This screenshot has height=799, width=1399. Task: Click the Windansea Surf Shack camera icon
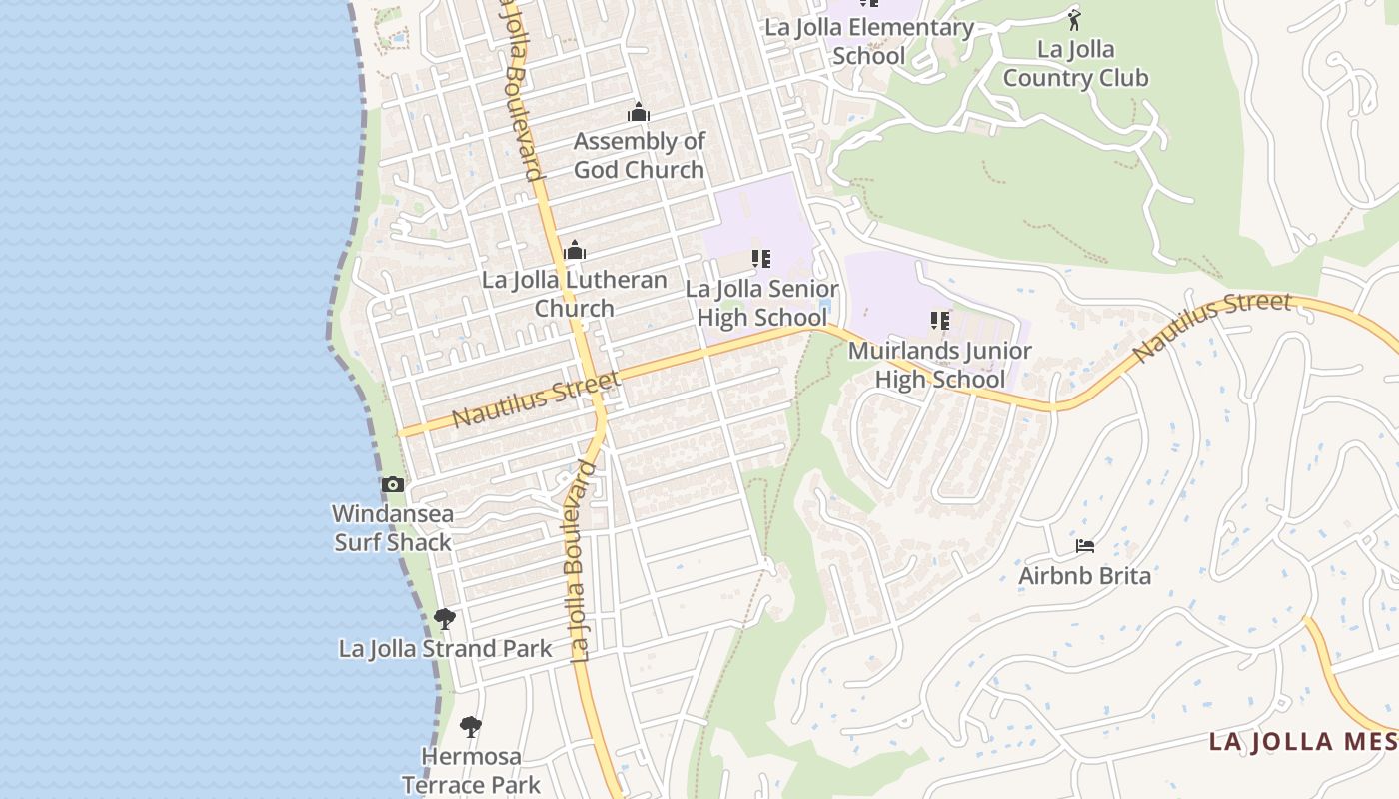click(x=393, y=485)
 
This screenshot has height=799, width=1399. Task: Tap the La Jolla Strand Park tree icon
click(x=445, y=619)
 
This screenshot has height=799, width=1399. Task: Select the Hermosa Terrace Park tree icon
click(x=470, y=726)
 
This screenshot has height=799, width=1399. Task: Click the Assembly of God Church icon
click(x=638, y=112)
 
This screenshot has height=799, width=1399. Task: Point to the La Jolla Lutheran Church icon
click(x=575, y=250)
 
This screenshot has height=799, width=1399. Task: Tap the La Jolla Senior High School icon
click(x=761, y=259)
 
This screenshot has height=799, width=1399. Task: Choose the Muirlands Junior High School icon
click(x=939, y=321)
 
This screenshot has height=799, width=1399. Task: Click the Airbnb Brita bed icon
click(x=1085, y=546)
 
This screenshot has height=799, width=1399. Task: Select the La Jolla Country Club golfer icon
click(x=1074, y=20)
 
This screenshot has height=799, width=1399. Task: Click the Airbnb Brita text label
click(x=1084, y=576)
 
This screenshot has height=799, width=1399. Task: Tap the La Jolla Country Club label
click(x=1075, y=63)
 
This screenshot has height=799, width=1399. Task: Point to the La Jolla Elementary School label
click(x=868, y=41)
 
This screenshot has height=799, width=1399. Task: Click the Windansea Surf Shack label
click(x=393, y=528)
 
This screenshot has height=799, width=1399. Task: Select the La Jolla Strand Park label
click(x=445, y=649)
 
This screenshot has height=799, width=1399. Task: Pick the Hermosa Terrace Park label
click(x=471, y=770)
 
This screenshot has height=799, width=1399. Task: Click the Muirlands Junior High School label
click(x=939, y=365)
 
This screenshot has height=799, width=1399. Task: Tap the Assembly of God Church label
click(x=639, y=155)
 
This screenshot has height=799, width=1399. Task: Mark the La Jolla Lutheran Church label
click(x=575, y=293)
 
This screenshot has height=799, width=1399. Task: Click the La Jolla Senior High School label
click(x=761, y=303)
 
